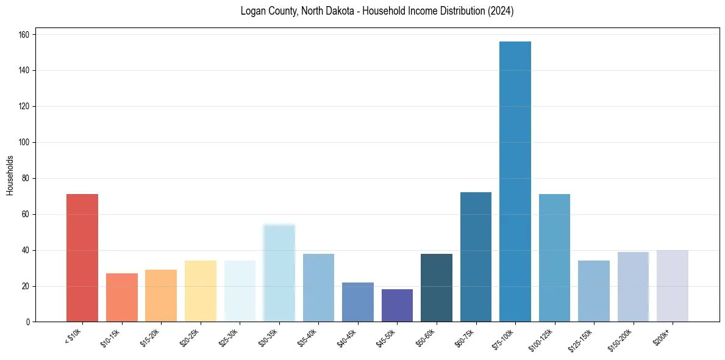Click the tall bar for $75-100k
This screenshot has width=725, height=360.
[515, 183]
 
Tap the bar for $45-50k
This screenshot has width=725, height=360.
[397, 306]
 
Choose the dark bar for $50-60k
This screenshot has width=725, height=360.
[437, 287]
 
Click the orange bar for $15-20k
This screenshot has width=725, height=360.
[161, 296]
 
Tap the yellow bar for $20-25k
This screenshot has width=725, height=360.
[201, 291]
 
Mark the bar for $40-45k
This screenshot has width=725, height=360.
[358, 302]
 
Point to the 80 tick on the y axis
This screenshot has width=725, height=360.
[26, 178]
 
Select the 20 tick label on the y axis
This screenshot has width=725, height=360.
[26, 286]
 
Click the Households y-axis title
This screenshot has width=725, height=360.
[10, 175]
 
